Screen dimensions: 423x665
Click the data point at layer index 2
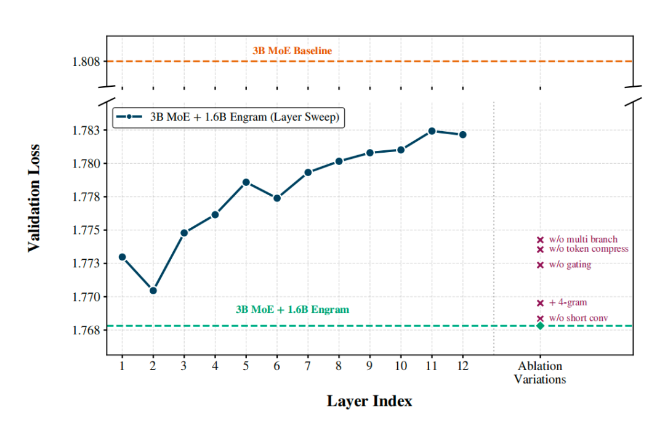coord(153,290)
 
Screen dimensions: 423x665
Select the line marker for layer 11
coord(432,131)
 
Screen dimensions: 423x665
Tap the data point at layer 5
coord(246,182)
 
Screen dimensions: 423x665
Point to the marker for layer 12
coord(463,134)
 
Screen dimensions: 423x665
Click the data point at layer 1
coord(122,257)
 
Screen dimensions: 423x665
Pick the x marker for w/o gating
coord(540,265)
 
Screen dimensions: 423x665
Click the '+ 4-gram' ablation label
coord(568,302)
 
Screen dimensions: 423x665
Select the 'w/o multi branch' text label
coord(583,240)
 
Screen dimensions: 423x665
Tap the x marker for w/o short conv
coord(540,318)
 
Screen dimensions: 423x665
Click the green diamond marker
coord(540,326)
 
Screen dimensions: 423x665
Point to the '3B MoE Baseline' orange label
coord(292,51)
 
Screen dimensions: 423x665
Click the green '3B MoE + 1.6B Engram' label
coord(292,310)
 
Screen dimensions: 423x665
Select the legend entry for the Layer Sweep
coord(228,117)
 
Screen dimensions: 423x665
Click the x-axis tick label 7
coord(308,366)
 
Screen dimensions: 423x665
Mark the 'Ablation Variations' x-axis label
coord(540,373)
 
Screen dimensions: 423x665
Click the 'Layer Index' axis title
coord(369,401)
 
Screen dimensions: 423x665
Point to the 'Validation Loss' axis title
coord(34,198)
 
